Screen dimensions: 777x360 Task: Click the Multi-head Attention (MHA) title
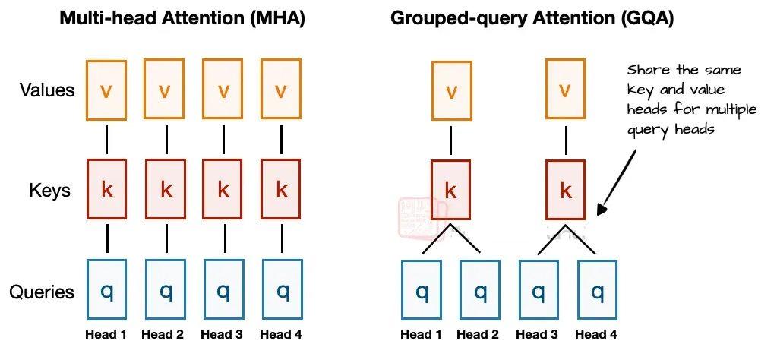[x=182, y=18]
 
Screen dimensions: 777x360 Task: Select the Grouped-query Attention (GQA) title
[x=532, y=18]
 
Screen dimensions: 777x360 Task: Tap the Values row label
[x=47, y=90]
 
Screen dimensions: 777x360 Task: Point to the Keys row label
[x=49, y=191]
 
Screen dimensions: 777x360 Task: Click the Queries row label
[x=42, y=292]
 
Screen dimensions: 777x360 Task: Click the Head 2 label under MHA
[x=163, y=335]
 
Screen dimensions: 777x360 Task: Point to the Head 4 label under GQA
[x=596, y=335]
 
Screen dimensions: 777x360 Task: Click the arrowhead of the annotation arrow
[x=601, y=210]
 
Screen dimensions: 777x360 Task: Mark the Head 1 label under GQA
[x=421, y=335]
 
